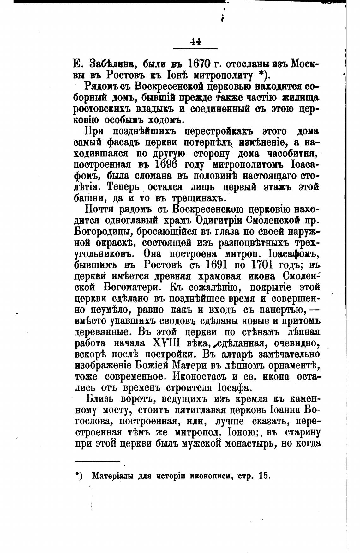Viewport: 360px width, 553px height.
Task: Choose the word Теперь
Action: (x=123, y=187)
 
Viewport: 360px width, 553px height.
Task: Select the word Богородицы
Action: (x=103, y=232)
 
